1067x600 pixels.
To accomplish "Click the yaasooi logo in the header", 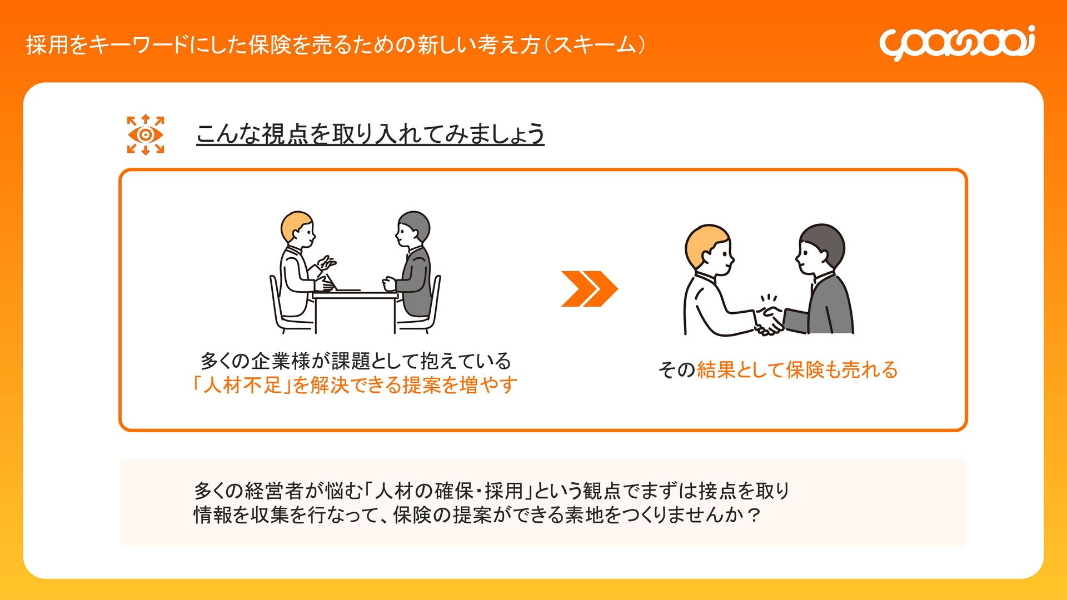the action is coord(957,43).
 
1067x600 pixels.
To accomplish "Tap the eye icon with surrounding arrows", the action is coord(146,134).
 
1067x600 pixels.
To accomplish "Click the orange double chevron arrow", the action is coord(589,289).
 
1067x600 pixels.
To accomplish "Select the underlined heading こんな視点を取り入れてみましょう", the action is coord(370,134).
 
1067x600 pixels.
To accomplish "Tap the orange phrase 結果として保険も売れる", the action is coord(797,369).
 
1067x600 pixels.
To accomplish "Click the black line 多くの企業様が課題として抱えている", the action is coord(356,361).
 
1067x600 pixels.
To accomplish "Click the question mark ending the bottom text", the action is coord(754,516).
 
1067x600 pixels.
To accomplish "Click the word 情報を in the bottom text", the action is coord(221,516).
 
